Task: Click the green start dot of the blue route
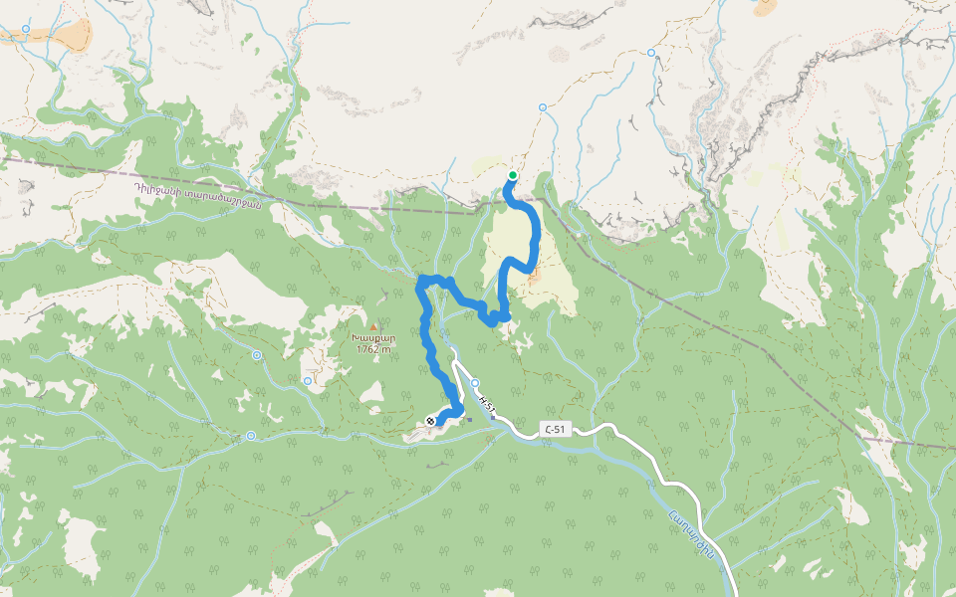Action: (x=512, y=175)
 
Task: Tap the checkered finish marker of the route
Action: (x=430, y=421)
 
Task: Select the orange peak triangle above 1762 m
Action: (x=374, y=326)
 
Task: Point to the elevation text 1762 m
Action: (x=374, y=349)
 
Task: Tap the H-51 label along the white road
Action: (x=486, y=403)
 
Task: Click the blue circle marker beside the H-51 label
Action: (x=475, y=383)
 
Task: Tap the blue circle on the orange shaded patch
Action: (x=26, y=30)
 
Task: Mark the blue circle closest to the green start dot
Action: (x=543, y=106)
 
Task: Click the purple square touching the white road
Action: (x=493, y=418)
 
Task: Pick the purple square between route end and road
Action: (x=468, y=419)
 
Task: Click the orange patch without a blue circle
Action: (x=765, y=7)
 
